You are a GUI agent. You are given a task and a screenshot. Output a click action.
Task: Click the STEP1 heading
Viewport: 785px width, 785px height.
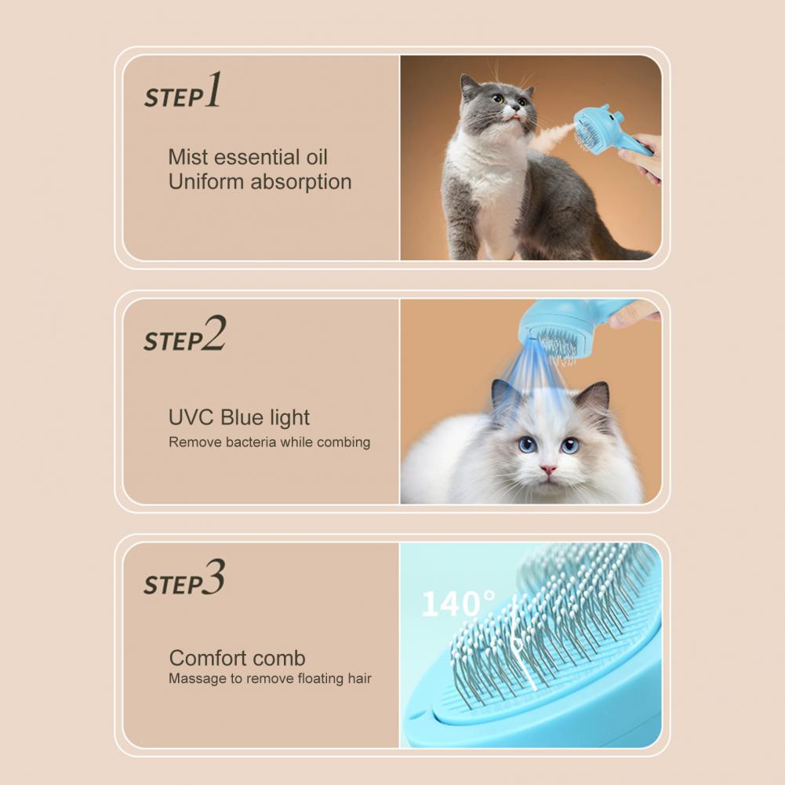182,93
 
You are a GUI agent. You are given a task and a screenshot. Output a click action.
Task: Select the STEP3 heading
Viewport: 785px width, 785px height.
184,580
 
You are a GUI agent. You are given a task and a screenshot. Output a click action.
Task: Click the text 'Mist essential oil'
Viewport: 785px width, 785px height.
248,157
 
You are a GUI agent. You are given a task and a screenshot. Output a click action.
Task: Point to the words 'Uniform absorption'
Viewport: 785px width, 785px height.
260,182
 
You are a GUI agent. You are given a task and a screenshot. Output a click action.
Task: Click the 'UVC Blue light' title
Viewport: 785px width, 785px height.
239,417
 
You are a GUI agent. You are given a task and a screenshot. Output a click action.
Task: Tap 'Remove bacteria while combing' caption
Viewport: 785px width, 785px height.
269,442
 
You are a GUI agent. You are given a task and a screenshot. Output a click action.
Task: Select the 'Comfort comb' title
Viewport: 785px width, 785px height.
237,658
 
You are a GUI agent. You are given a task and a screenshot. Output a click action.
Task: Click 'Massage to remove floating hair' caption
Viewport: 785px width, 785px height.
270,678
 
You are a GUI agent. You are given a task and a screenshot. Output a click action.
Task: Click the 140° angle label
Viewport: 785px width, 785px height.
458,604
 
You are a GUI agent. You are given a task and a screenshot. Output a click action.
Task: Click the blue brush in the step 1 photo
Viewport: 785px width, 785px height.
600,130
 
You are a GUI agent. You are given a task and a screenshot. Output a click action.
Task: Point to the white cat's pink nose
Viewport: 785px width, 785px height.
548,470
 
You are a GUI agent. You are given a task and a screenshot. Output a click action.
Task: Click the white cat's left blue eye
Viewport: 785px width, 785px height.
528,444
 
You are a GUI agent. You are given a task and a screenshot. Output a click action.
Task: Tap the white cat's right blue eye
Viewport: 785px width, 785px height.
570,445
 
